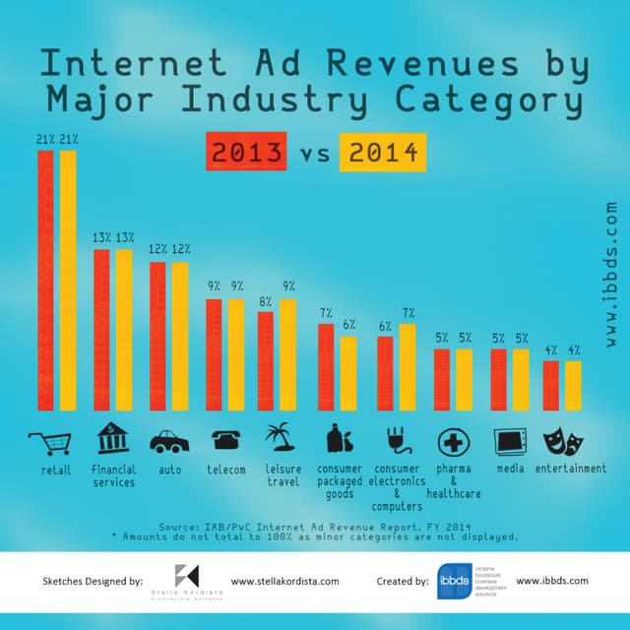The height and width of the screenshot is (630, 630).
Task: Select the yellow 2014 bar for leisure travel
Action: (x=287, y=354)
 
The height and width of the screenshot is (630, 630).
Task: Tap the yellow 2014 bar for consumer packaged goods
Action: (x=348, y=373)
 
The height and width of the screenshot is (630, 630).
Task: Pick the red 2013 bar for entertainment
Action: (x=551, y=385)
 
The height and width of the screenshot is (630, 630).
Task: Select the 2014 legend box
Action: (x=382, y=154)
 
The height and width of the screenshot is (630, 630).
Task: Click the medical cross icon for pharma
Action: (x=454, y=440)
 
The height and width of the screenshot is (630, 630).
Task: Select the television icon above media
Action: (x=511, y=440)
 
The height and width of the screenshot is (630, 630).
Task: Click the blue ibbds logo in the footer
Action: (x=454, y=582)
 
